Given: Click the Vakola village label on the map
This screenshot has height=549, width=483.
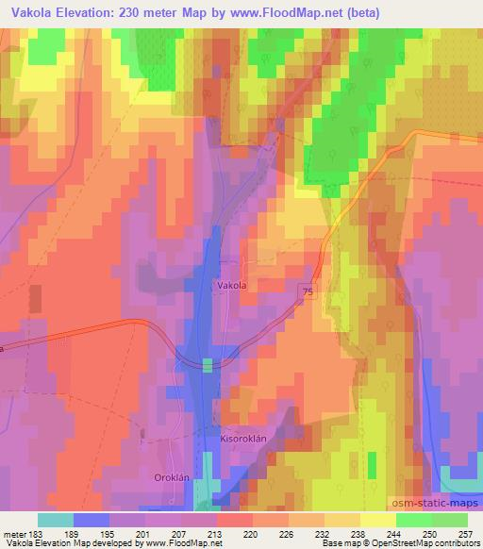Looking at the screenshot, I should pos(232,284).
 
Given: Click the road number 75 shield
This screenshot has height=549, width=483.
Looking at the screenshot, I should pos(308,293).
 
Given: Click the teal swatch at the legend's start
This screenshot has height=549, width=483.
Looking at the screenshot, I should pos(56,519).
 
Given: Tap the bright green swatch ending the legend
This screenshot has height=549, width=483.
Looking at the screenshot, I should pos(450,519).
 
